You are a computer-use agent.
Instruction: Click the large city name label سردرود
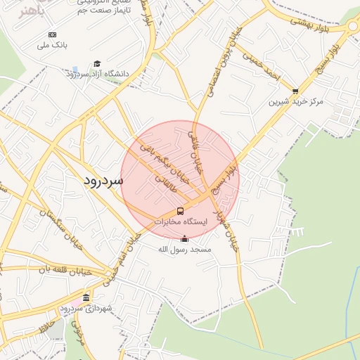pos(103,180)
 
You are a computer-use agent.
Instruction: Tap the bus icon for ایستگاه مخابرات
pos(181,211)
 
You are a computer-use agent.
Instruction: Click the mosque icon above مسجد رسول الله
pos(185,238)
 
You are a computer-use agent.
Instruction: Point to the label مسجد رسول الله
pos(185,249)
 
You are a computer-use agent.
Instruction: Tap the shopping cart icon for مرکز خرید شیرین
pos(295,91)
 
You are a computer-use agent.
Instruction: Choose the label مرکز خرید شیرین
pos(295,101)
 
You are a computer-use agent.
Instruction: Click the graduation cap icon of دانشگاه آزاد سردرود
pos(97,63)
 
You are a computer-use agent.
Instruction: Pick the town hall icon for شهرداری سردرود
pos(86,297)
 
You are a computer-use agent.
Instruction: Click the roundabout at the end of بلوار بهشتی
pos(352,27)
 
